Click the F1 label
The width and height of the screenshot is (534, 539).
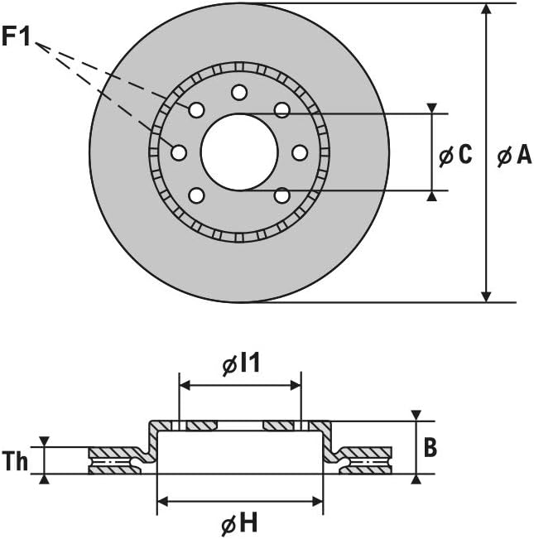[x=17, y=36]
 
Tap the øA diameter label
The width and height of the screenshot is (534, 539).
[x=514, y=154]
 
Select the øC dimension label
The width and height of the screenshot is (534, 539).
[x=455, y=154]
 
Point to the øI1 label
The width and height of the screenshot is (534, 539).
[x=241, y=364]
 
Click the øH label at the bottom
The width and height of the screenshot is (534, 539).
[x=239, y=523]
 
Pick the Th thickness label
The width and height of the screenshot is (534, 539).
[x=15, y=460]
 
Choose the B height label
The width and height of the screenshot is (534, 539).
[x=430, y=447]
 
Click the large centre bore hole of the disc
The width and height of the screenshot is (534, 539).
[x=239, y=152]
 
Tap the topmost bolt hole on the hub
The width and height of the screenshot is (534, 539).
[x=239, y=93]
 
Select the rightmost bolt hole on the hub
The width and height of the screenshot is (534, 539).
[x=300, y=152]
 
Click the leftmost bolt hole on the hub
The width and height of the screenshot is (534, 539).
[x=179, y=152]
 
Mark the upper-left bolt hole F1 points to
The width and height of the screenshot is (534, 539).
[x=196, y=110]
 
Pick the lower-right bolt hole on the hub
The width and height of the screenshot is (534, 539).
[x=282, y=195]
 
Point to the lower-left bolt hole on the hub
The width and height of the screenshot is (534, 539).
[x=196, y=195]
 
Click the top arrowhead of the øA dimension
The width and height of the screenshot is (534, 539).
[x=485, y=8]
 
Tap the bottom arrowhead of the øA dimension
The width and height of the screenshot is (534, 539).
[x=485, y=297]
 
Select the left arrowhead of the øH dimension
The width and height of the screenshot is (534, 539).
[x=162, y=502]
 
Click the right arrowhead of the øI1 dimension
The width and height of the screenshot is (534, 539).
[x=296, y=385]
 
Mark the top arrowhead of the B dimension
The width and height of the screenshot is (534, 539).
[x=416, y=415]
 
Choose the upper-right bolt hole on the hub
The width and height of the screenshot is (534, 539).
[x=282, y=110]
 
